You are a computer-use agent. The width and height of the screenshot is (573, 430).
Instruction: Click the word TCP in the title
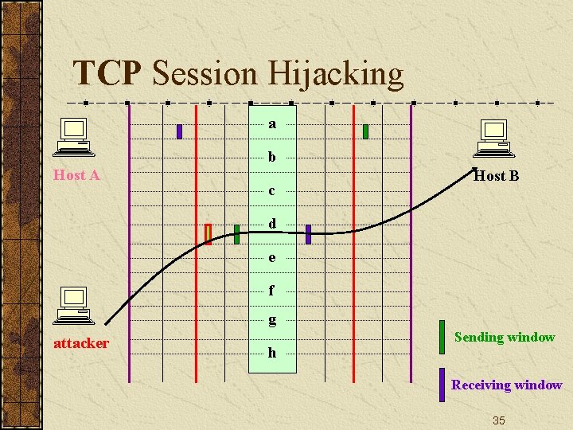pyautogui.click(x=107, y=73)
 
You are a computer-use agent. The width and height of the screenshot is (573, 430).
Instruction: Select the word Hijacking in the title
pyautogui.click(x=336, y=75)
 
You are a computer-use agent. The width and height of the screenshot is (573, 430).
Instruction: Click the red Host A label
pyautogui.click(x=76, y=175)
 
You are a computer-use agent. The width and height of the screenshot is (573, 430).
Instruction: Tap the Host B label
pyautogui.click(x=496, y=176)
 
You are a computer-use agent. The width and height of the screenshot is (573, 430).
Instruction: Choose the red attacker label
pyautogui.click(x=80, y=343)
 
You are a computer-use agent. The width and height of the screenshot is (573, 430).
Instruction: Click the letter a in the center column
pyautogui.click(x=272, y=124)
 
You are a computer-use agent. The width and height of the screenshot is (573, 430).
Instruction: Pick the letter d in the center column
pyautogui.click(x=272, y=224)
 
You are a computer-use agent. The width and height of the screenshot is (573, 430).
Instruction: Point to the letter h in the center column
pyautogui.click(x=272, y=352)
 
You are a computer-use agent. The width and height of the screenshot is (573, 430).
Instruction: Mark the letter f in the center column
pyautogui.click(x=272, y=291)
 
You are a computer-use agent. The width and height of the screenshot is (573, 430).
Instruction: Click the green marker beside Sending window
pyautogui.click(x=442, y=336)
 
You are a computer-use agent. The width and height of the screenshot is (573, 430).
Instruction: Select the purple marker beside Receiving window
pyautogui.click(x=442, y=384)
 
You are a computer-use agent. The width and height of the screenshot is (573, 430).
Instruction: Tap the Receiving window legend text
pyautogui.click(x=506, y=385)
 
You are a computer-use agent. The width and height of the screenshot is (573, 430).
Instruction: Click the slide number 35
pyautogui.click(x=498, y=420)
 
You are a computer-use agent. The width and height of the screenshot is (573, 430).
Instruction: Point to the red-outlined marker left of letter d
pyautogui.click(x=209, y=233)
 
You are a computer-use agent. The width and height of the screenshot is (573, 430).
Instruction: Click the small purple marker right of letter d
pyautogui.click(x=308, y=233)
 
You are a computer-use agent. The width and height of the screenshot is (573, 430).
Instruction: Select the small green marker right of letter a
pyautogui.click(x=365, y=131)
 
